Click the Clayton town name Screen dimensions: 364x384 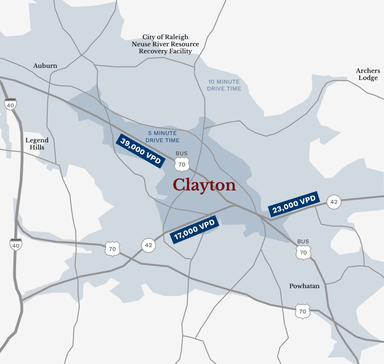[204, 185]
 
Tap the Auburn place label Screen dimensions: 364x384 [45, 66]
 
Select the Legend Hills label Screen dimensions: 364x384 [37, 144]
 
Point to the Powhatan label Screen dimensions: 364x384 [304, 286]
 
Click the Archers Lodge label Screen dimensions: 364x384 [368, 74]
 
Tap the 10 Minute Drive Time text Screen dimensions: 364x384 [224, 85]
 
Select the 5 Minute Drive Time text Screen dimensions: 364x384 [162, 137]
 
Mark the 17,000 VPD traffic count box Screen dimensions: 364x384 [194, 230]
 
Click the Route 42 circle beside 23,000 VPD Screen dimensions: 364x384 [334, 202]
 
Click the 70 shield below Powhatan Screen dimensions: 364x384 [303, 311]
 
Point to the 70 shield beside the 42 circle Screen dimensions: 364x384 [112, 249]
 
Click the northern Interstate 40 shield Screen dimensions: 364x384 [10, 104]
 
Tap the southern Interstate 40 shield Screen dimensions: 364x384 [15, 244]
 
